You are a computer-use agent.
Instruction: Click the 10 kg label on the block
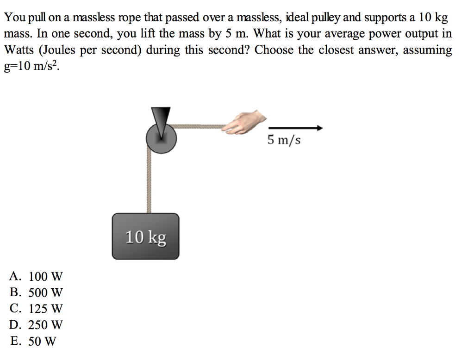(145, 237)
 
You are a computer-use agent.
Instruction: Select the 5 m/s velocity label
(284, 139)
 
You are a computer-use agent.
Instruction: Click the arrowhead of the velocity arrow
(319, 128)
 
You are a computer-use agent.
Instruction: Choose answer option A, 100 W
(36, 277)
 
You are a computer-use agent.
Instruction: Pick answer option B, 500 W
(36, 293)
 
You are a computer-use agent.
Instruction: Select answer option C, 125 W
(36, 309)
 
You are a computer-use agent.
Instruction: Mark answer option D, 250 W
(36, 325)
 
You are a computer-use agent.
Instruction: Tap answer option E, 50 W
(33, 341)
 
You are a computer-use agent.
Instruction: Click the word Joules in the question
(62, 50)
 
